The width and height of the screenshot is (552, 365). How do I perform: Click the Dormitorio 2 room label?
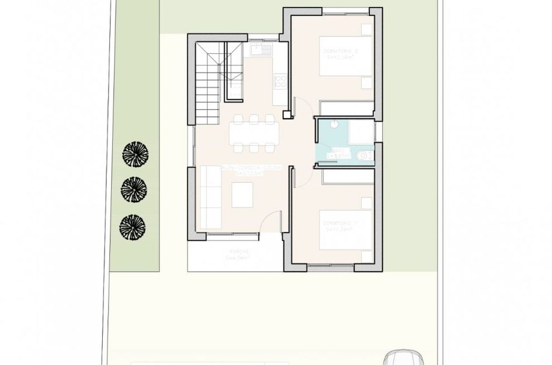coord(341,55)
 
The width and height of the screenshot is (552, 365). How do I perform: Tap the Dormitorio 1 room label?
coord(339,227)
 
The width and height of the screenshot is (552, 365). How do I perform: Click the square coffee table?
coord(242,195)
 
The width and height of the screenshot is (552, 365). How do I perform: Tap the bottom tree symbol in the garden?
coord(132,227)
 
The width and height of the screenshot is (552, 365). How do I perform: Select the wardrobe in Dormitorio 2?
coord(347,109)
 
